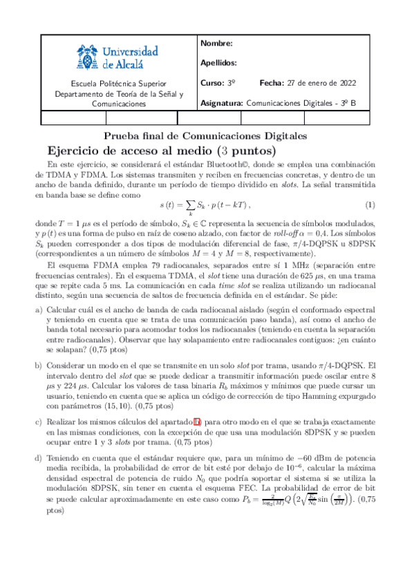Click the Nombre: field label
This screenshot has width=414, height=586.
tap(216, 44)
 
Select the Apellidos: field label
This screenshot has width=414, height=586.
tap(218, 63)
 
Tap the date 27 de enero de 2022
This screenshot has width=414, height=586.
tap(321, 83)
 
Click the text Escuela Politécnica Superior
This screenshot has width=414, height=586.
tap(118, 84)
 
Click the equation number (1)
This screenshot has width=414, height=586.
tap(370, 205)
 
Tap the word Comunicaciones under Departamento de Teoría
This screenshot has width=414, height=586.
tap(119, 104)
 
